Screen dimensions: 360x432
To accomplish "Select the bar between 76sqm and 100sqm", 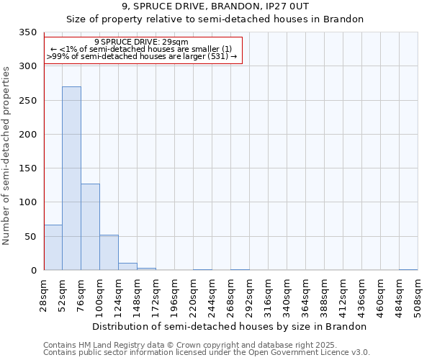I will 90,227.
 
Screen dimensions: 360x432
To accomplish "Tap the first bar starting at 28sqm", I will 53,248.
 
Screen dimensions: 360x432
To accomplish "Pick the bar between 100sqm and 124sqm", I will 109,253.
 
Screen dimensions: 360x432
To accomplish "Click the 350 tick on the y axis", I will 27,32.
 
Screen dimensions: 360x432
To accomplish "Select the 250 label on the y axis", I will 27,101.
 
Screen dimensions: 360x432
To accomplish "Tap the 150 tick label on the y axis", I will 27,168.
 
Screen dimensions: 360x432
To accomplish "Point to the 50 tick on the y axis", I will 30,237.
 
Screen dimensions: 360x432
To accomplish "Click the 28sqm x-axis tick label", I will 44,293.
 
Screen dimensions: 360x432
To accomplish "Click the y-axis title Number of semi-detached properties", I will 6,155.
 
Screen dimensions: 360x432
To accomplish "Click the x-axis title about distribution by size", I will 230,326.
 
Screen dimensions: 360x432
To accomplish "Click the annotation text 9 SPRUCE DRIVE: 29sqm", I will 141,42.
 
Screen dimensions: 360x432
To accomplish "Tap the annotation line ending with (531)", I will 141,55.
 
